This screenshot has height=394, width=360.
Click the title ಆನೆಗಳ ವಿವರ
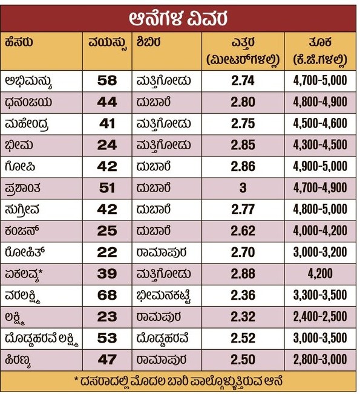pos(178,18)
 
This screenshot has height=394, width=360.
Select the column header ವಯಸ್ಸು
pos(107,43)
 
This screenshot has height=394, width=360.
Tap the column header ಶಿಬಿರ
pos(148,42)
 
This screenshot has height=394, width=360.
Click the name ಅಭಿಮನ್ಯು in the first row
pos(28,82)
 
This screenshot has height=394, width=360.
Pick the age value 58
pos(107,80)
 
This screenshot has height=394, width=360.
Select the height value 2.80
pos(243,102)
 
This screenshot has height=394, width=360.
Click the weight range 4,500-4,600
pos(320,123)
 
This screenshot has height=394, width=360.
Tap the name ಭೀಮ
pos(19,145)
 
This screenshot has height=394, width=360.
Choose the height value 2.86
pos(243,166)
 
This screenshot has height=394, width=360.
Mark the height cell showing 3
pos(243,188)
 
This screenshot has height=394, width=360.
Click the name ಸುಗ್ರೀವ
pos(22,210)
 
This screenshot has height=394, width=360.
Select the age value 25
pos(107,231)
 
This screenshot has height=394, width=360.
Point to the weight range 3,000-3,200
pos(320,252)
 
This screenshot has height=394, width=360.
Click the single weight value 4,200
pos(320,274)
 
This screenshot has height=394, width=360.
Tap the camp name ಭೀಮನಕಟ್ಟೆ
pos(163,295)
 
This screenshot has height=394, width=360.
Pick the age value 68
pos(107,295)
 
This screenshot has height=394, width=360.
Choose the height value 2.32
pos(243,317)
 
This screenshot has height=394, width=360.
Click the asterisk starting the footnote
pos(76,379)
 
